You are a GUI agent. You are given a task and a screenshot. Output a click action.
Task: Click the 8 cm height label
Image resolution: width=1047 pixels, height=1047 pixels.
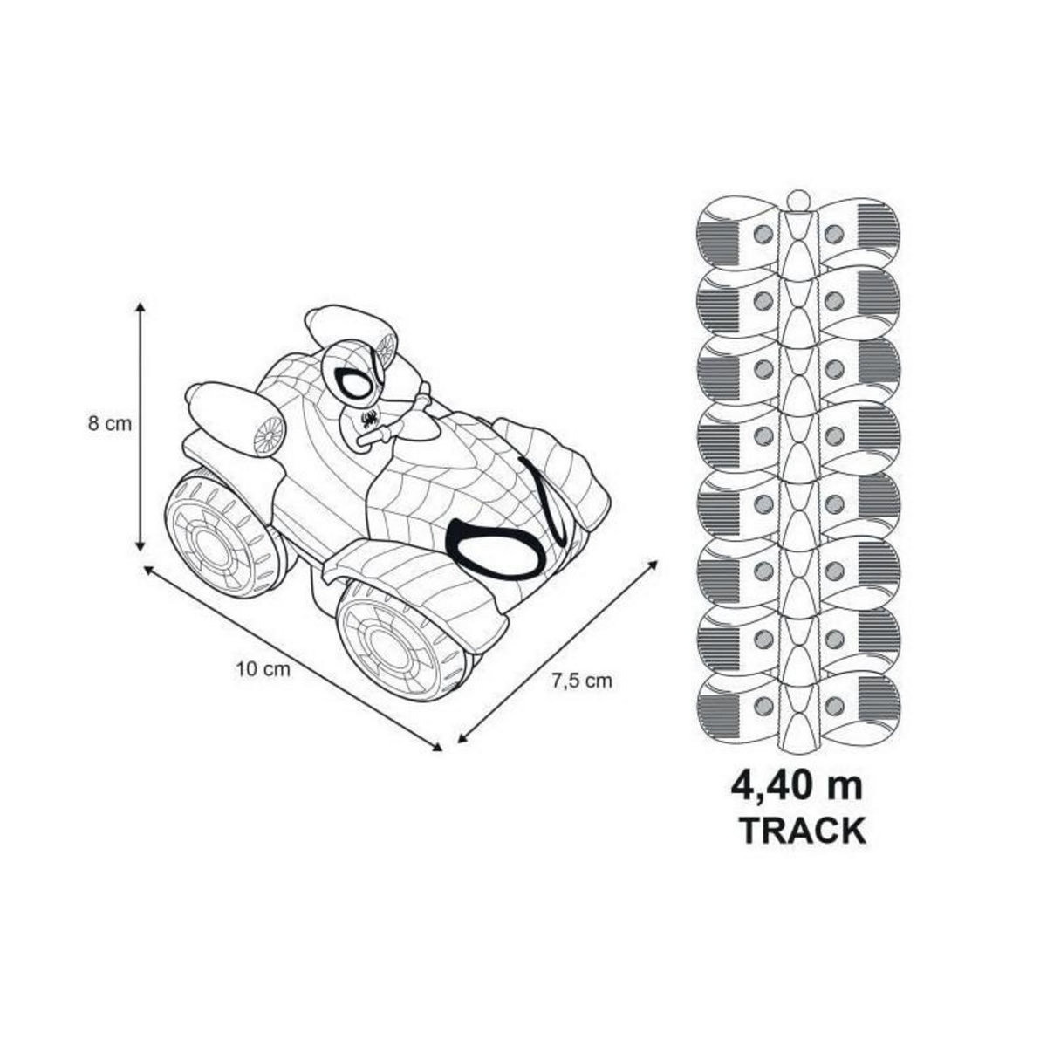pyautogui.click(x=110, y=425)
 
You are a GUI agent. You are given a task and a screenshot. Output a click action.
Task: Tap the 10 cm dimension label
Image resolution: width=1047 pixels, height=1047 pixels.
pyautogui.click(x=262, y=670)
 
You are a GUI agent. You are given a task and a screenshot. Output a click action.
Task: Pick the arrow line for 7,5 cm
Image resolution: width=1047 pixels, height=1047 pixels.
pyautogui.click(x=558, y=649)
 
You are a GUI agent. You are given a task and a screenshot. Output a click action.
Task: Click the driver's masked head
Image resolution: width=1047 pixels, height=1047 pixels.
pyautogui.click(x=354, y=374)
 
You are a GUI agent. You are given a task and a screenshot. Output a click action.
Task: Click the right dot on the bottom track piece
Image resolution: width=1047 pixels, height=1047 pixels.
pyautogui.click(x=834, y=705)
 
